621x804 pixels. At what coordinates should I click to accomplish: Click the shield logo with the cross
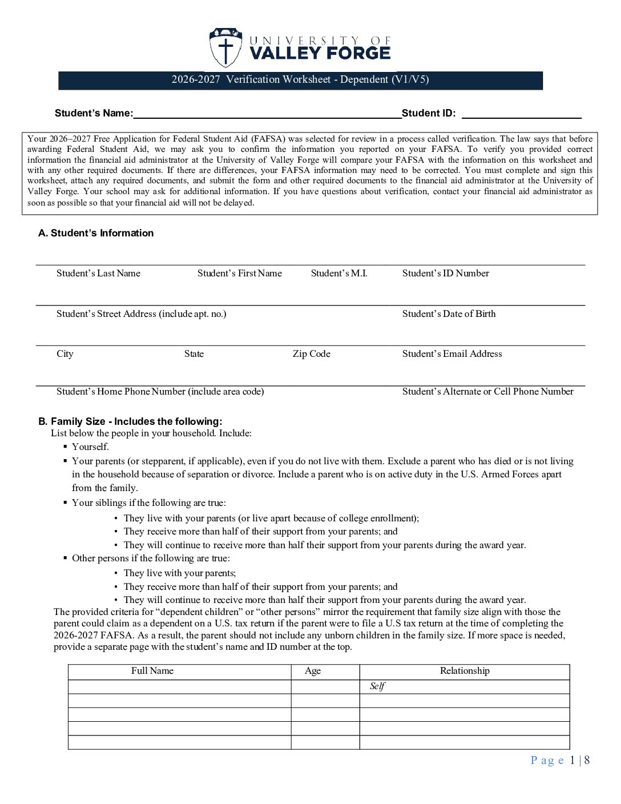tap(225, 48)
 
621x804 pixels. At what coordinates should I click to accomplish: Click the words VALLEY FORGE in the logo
tap(320, 54)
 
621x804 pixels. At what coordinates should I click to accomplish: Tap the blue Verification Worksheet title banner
tap(300, 80)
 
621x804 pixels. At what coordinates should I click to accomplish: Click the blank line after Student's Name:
tap(267, 114)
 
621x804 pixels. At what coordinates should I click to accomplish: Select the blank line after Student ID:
tap(521, 114)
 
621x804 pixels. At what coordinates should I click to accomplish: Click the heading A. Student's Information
tap(96, 233)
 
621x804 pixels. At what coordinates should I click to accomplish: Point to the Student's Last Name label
tap(98, 274)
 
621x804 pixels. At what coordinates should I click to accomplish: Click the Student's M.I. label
tap(339, 274)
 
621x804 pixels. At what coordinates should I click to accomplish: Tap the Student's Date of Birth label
tap(449, 314)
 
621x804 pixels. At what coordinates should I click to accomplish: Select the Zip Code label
tap(311, 354)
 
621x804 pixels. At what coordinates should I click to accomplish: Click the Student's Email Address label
tap(452, 354)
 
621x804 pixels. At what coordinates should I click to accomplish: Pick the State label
tap(193, 354)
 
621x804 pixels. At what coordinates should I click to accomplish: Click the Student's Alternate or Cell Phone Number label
tap(487, 392)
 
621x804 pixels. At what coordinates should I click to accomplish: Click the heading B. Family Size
tap(130, 421)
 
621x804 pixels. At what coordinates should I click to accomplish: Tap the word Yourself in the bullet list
tap(90, 447)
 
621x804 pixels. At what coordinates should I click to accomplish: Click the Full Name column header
tap(152, 671)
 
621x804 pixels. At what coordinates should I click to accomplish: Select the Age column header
tap(313, 671)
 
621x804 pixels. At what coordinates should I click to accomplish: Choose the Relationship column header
tap(465, 671)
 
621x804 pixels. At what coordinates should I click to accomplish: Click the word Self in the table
tap(377, 686)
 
